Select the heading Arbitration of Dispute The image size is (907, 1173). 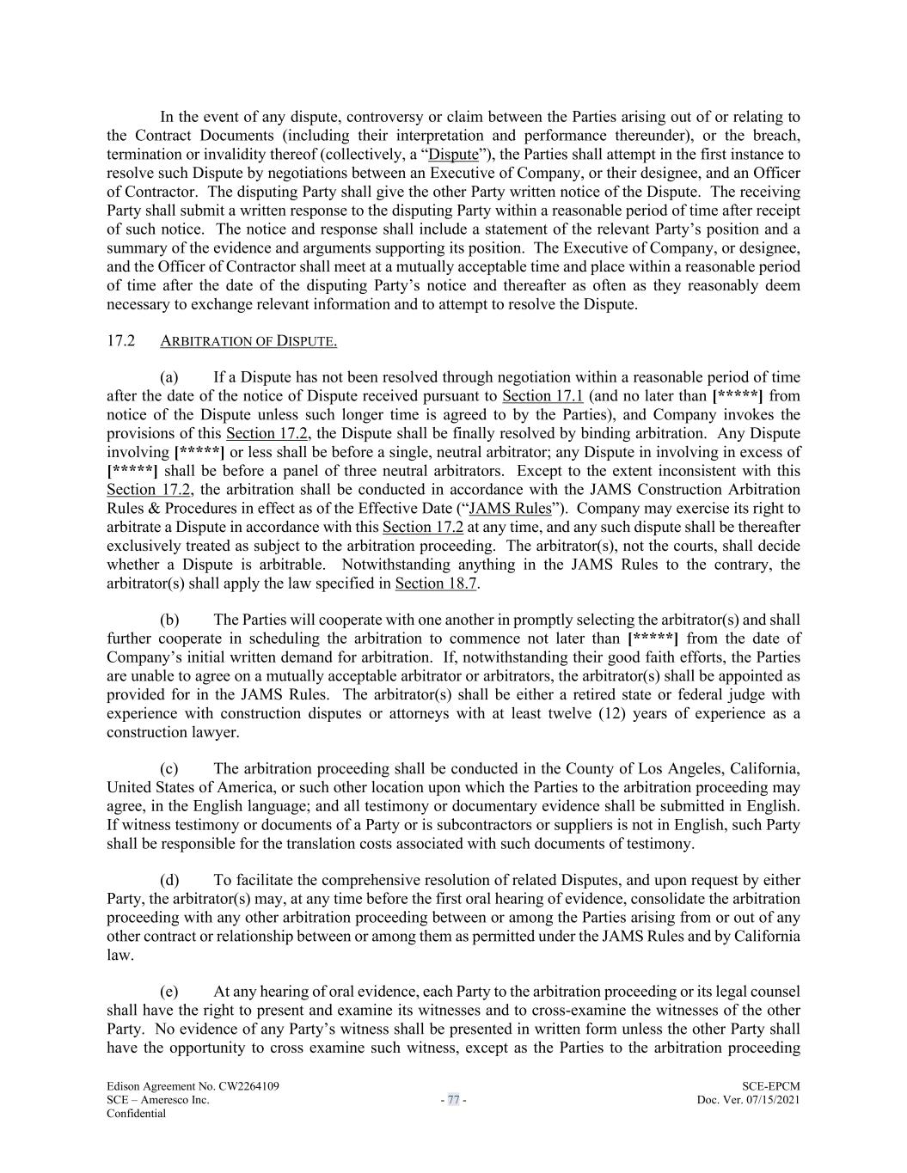pos(248,341)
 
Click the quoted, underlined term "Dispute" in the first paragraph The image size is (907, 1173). pos(453,155)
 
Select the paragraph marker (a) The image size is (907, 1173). pos(169,377)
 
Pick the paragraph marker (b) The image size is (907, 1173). pos(169,620)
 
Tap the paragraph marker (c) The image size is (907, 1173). pos(169,768)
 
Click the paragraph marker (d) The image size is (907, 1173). pos(169,880)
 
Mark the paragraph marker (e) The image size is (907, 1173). pos(169,992)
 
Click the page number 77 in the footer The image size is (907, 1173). pos(453,1100)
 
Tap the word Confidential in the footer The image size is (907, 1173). pos(136,1114)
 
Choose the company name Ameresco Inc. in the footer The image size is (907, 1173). pos(179,1100)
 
